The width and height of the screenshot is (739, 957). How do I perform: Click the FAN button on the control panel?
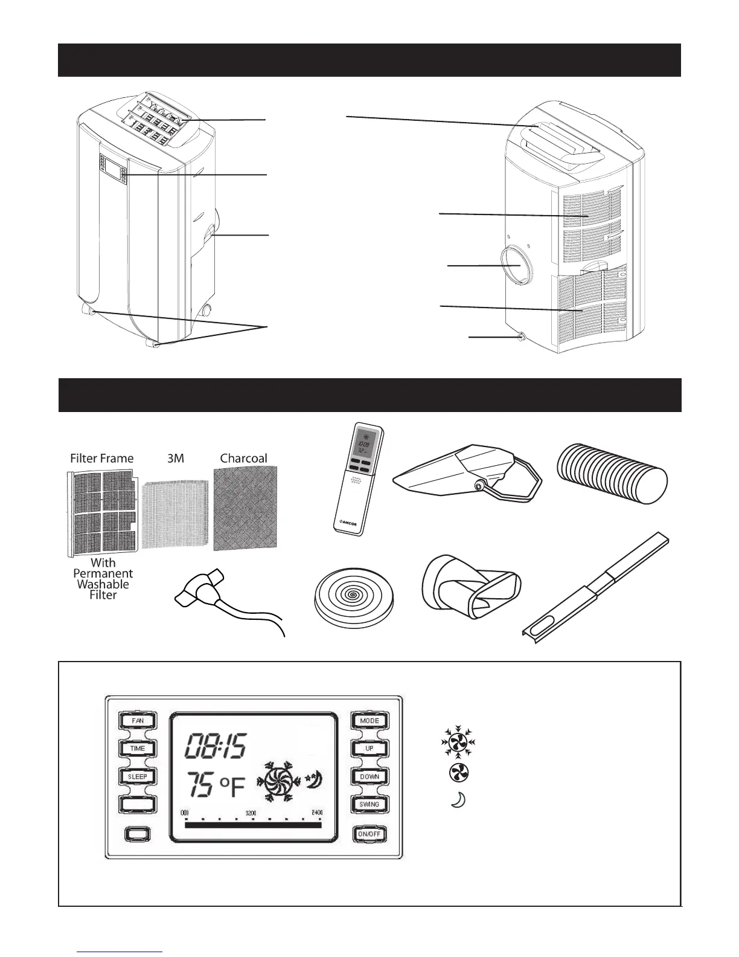pos(138,720)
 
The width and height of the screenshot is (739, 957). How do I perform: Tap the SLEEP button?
pos(138,776)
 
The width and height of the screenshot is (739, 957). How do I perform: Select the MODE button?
pos(369,720)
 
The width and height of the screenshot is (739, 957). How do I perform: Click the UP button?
pos(369,749)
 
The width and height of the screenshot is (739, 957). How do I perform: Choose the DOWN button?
pos(369,776)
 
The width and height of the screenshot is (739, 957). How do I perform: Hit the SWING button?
pos(369,805)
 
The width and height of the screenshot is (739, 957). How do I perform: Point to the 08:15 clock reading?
pos(215,747)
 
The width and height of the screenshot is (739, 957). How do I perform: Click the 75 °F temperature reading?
pos(216,786)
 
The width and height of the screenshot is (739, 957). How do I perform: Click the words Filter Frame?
pos(101,458)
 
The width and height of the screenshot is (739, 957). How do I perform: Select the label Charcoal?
pos(243,458)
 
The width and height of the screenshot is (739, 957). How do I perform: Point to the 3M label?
pos(175,458)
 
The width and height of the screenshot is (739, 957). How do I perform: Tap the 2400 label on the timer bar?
pos(317,813)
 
